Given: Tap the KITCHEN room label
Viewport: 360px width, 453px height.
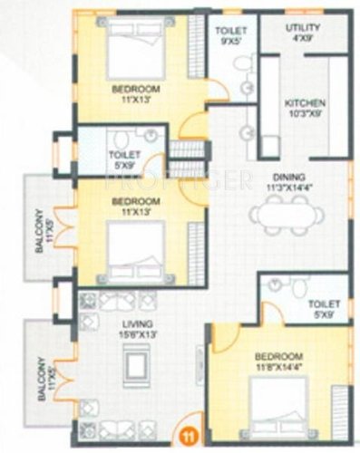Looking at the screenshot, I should [x=305, y=103].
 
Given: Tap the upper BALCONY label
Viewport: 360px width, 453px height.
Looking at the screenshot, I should [x=39, y=231].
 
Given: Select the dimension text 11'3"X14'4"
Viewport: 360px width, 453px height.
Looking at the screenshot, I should [x=290, y=188].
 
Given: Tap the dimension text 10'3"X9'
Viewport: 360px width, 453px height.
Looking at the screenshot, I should [x=305, y=113].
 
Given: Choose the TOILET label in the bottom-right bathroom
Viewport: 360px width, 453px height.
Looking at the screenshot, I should [x=324, y=304].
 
